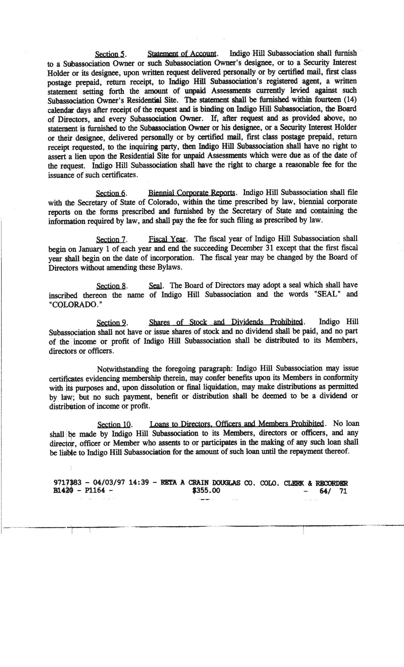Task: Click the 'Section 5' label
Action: coord(109,54)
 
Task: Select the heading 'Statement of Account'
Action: coord(182,54)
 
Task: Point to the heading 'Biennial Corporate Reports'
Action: coord(192,193)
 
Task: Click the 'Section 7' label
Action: coord(111,240)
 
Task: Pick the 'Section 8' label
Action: coord(111,286)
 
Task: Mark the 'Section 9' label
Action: coord(111,323)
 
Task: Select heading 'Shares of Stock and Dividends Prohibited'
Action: coord(226,322)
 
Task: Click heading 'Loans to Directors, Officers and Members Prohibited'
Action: coord(237,424)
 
